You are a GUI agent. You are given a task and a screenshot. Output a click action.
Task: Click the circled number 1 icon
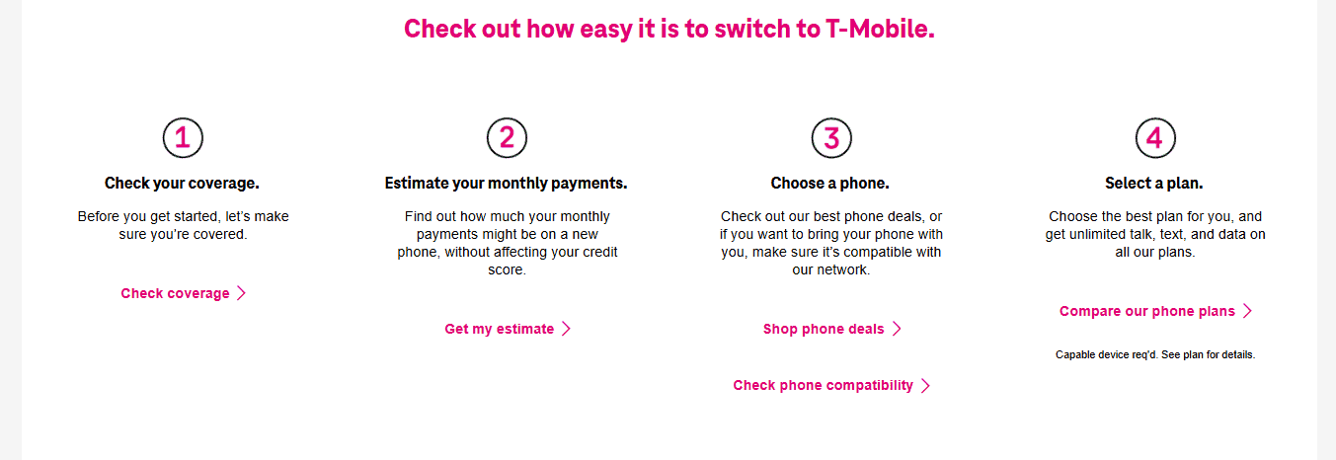tap(183, 137)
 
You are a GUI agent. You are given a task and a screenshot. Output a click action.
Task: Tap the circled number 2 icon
tap(507, 137)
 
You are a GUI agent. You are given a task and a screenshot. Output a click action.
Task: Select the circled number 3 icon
tap(831, 137)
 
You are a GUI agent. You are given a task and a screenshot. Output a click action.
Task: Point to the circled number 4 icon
tap(1155, 137)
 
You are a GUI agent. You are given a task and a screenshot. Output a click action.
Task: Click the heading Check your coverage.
tap(182, 183)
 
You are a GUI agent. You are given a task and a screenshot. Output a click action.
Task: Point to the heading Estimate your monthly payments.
tap(506, 183)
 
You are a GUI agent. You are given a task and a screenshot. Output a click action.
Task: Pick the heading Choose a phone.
tap(829, 183)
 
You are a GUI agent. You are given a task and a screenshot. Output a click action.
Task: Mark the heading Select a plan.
tap(1153, 183)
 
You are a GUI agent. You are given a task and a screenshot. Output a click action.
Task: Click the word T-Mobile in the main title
tap(880, 29)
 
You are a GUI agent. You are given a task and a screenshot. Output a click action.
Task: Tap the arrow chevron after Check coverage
tap(241, 293)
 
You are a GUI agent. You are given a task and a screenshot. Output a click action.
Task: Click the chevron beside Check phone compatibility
tap(925, 386)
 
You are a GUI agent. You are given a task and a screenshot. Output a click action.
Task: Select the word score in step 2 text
tap(507, 269)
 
